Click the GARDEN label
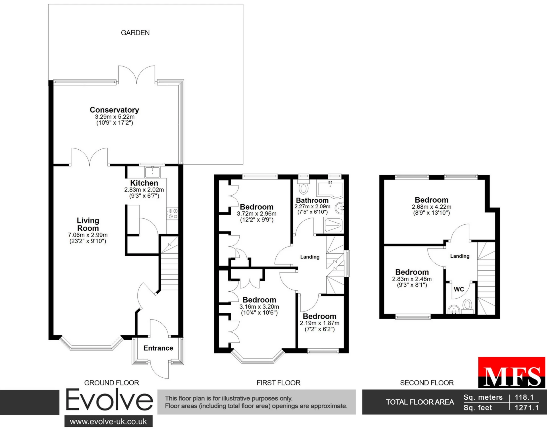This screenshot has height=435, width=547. click(x=135, y=33)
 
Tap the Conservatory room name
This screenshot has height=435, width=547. click(x=115, y=110)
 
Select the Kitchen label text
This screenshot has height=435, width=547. click(x=144, y=183)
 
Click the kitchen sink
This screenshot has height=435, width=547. click(x=152, y=172)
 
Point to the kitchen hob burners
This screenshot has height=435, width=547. click(x=172, y=214)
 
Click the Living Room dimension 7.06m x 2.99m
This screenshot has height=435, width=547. click(x=88, y=235)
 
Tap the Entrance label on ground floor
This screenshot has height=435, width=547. click(x=158, y=348)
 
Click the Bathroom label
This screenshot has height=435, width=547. click(x=312, y=200)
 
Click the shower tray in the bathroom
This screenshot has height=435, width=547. click(x=333, y=225)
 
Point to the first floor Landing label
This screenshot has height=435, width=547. click(x=310, y=257)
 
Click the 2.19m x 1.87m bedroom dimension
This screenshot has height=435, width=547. click(x=320, y=323)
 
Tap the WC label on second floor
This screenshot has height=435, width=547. click(x=459, y=289)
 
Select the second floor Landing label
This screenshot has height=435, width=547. click(x=460, y=256)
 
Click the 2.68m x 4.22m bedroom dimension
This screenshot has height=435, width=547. click(x=432, y=207)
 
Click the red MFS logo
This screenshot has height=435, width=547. click(x=512, y=372)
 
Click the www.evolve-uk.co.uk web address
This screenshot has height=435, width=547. click(x=109, y=422)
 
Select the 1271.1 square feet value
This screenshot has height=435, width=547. click(x=526, y=408)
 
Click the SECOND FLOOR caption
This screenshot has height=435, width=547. click(x=427, y=383)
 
